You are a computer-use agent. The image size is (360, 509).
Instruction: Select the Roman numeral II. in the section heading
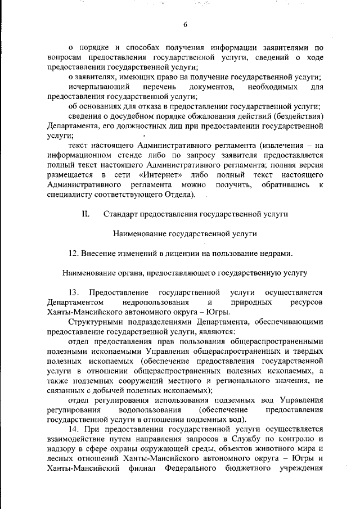coord(86,214)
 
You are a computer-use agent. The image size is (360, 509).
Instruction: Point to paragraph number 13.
coord(74,292)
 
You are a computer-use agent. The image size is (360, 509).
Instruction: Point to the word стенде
coord(130,156)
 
